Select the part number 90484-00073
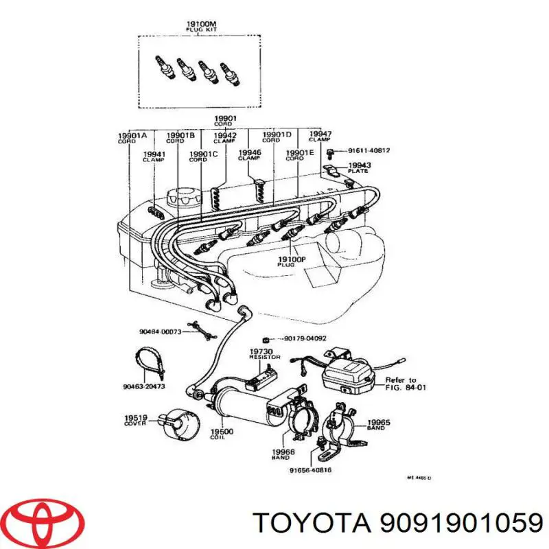coord(161,331)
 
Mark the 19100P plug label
coord(286,261)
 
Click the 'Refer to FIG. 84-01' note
coord(400,383)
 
